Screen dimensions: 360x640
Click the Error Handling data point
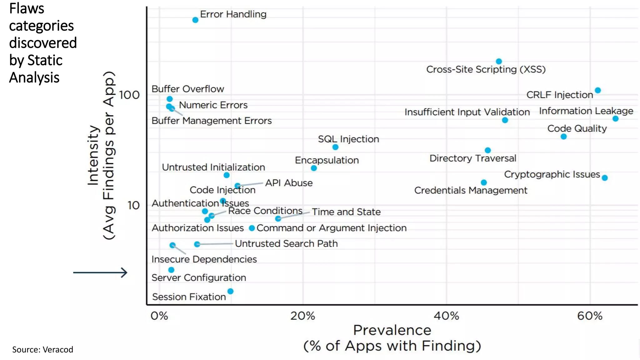[x=195, y=20]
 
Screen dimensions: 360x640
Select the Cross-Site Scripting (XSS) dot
[x=499, y=61]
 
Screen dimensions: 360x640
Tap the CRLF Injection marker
[x=597, y=90]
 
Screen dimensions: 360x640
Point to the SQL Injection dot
[x=335, y=147]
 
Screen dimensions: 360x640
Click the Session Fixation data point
[x=230, y=291]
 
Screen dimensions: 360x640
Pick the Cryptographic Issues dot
[x=605, y=178]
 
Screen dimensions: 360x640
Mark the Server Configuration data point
[x=171, y=270]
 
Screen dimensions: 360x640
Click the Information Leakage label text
[x=586, y=111]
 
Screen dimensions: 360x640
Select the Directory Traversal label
[x=472, y=158]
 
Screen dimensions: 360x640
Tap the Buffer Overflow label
[x=187, y=89]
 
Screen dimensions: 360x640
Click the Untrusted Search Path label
[x=286, y=243]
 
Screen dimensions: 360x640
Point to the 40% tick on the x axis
[x=446, y=316]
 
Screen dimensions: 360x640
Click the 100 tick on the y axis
[x=129, y=95]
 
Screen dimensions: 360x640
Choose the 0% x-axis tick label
[x=159, y=316]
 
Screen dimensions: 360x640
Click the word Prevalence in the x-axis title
[x=392, y=330]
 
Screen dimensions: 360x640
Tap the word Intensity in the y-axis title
[x=93, y=155]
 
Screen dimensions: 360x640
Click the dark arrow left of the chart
[x=100, y=272]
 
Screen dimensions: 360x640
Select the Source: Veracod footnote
[x=42, y=349]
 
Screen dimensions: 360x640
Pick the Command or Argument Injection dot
[x=252, y=228]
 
